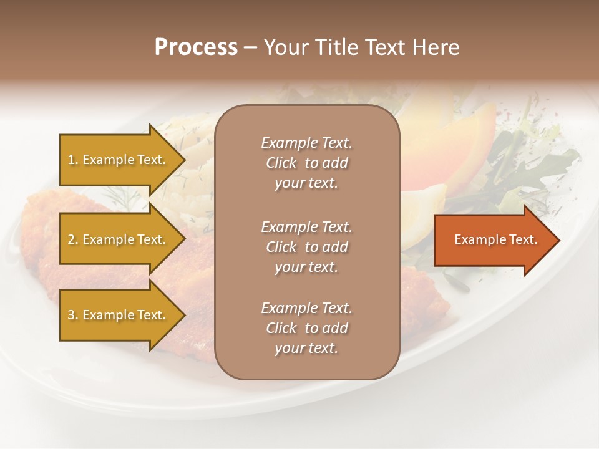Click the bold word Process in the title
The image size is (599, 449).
point(196,47)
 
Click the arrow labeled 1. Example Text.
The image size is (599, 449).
point(119,160)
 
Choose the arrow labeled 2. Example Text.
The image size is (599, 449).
point(119,239)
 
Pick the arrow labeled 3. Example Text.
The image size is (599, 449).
point(119,315)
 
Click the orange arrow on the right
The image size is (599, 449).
point(493,240)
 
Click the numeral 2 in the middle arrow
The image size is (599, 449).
point(71,239)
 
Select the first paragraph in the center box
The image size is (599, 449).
point(306,163)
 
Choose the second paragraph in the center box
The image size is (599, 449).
point(306,247)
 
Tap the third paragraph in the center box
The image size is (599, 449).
point(306,328)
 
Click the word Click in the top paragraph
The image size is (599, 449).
point(281,163)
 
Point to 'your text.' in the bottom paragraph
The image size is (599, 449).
point(306,348)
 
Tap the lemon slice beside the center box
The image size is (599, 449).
point(424,215)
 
